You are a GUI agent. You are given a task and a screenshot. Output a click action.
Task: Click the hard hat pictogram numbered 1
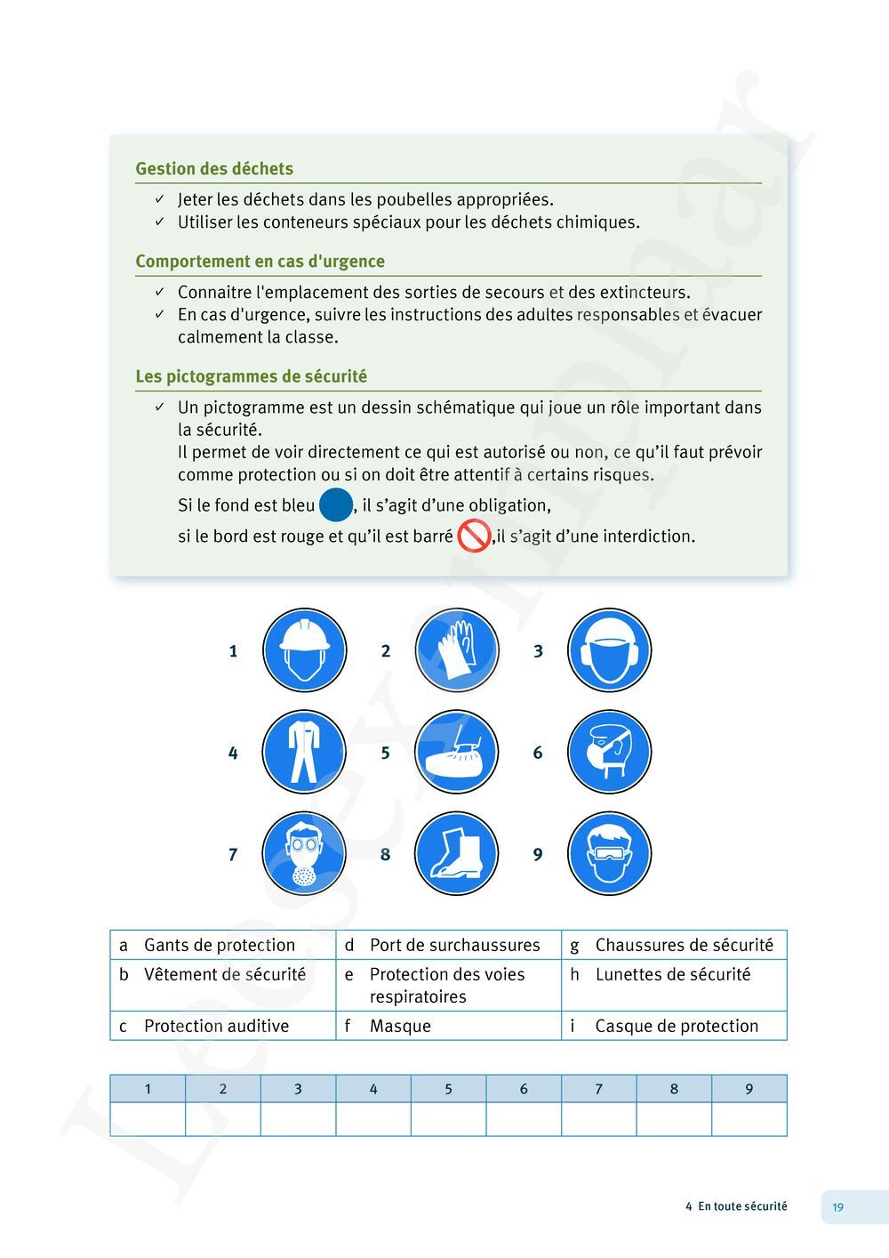click(x=304, y=650)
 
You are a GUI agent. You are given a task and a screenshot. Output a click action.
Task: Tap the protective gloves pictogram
click(x=457, y=650)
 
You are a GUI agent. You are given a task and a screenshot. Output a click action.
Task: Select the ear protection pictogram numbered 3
click(x=609, y=650)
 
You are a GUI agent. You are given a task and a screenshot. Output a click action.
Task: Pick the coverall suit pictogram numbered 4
click(x=304, y=752)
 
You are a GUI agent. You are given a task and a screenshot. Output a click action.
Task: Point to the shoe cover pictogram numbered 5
click(x=457, y=752)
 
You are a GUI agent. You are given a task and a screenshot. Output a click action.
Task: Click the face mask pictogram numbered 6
click(x=609, y=752)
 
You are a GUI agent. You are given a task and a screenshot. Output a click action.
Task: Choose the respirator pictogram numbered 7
click(x=304, y=853)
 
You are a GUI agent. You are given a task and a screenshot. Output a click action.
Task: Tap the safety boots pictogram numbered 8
click(x=457, y=853)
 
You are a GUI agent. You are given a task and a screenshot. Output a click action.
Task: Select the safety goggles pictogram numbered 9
click(x=609, y=853)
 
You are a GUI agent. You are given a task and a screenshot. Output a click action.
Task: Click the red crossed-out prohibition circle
click(x=474, y=536)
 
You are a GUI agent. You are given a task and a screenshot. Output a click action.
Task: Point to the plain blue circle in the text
click(x=336, y=505)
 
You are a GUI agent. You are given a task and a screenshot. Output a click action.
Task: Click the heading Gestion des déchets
click(x=214, y=169)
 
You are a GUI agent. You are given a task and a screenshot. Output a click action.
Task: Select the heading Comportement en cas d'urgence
click(x=260, y=262)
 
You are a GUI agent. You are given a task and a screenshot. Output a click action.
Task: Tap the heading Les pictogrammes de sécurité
click(x=251, y=376)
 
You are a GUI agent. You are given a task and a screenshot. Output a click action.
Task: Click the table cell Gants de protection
click(x=220, y=945)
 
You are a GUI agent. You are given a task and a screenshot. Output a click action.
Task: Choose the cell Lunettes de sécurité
click(x=673, y=974)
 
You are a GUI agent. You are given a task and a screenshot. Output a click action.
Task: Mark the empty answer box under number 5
click(x=448, y=1119)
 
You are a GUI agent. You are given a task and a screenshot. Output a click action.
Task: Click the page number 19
click(x=837, y=1207)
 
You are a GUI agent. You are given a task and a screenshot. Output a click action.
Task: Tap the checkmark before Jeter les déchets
click(x=159, y=199)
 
